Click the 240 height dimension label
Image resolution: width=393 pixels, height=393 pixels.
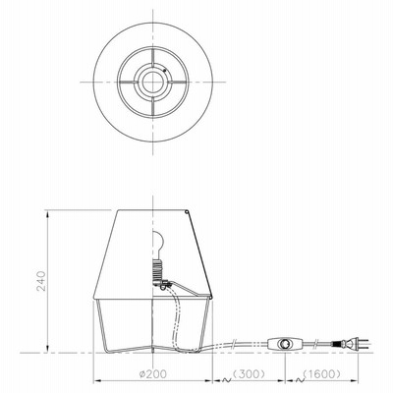point(41,281)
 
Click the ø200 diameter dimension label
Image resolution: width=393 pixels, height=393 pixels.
point(152,373)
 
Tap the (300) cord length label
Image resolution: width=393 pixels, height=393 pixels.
point(249,373)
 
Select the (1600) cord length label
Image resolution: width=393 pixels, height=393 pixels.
point(321,373)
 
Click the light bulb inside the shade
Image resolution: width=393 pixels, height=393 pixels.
point(158,243)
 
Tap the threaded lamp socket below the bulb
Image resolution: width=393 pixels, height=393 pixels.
point(157,268)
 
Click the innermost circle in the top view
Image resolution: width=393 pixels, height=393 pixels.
point(153,82)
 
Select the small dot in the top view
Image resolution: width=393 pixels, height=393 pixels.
point(165,70)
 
